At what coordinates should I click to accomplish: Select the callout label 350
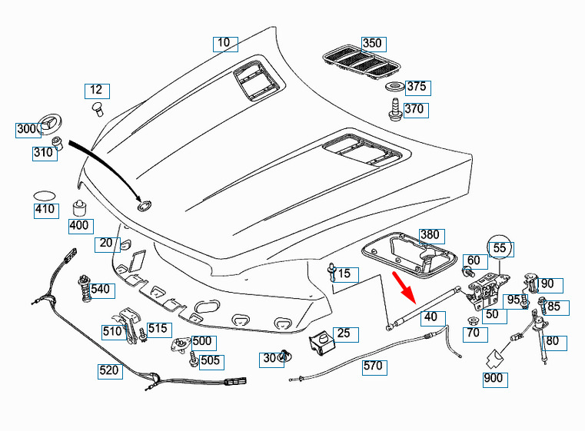coord(372,44)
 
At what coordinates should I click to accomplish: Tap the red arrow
coord(404,286)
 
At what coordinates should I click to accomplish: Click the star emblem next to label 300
coord(51,122)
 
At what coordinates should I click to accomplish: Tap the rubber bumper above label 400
coord(79,208)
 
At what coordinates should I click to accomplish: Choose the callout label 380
coord(430,234)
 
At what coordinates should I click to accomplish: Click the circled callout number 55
coord(500,247)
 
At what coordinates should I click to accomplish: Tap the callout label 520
coord(110,370)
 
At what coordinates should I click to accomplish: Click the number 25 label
coord(344,333)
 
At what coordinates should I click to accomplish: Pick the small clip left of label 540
coord(81,291)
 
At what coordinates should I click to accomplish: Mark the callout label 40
coord(430,317)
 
